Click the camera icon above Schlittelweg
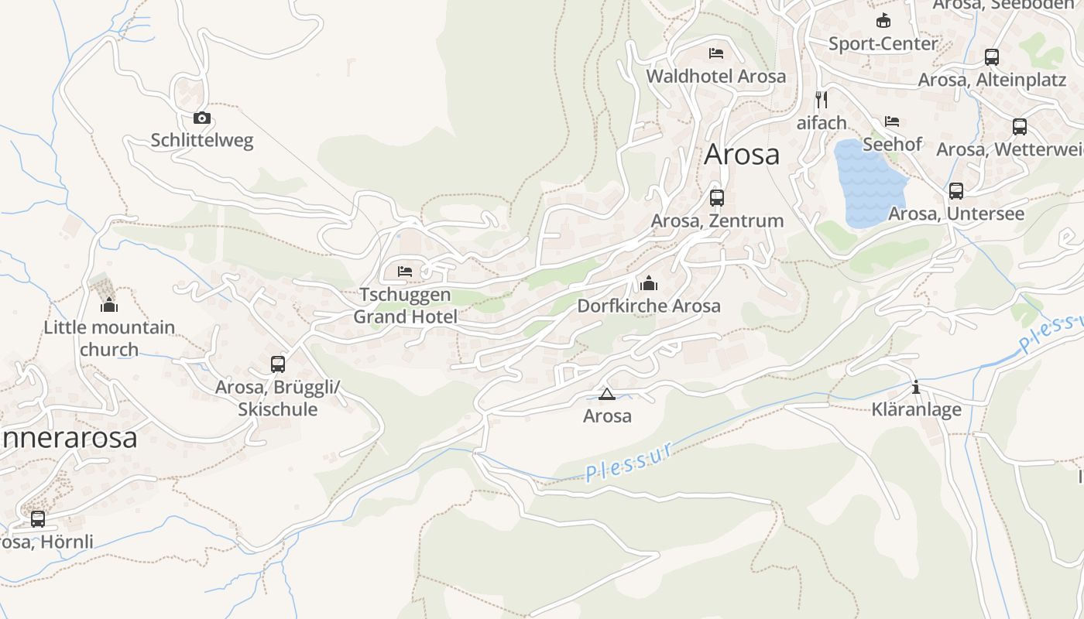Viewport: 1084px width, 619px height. click(x=201, y=118)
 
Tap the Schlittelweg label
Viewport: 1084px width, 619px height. click(x=201, y=140)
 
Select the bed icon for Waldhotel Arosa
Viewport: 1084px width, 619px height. click(x=716, y=53)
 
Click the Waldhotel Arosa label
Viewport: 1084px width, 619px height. click(x=716, y=76)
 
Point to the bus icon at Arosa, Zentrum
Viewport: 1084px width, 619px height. click(x=717, y=197)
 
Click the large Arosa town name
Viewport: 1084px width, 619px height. click(x=742, y=155)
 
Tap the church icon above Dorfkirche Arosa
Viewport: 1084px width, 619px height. click(x=649, y=283)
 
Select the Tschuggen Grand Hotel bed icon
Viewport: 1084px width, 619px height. click(x=405, y=272)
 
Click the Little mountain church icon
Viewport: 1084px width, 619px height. click(x=109, y=305)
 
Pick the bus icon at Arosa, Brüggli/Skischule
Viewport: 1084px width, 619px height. click(x=278, y=364)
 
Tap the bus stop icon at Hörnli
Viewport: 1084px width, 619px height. click(x=38, y=519)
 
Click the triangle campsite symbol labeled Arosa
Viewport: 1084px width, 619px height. click(x=607, y=394)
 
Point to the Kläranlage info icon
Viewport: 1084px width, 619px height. click(x=916, y=387)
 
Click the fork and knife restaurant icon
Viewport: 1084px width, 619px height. click(x=822, y=99)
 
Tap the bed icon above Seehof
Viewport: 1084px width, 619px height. click(x=892, y=121)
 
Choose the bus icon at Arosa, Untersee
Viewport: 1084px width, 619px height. click(x=956, y=191)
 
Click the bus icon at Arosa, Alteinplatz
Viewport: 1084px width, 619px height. click(x=992, y=57)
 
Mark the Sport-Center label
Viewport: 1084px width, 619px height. click(x=883, y=43)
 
